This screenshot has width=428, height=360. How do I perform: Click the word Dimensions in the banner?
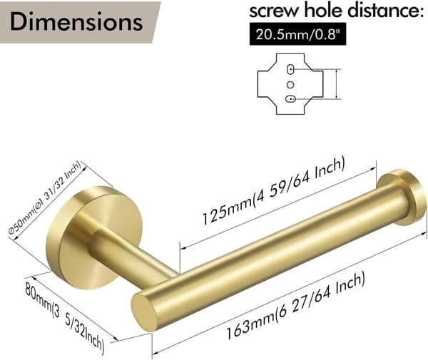[x=76, y=21]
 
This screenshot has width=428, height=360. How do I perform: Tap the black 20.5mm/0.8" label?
[x=297, y=34]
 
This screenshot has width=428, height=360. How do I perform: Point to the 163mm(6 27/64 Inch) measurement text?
[x=296, y=307]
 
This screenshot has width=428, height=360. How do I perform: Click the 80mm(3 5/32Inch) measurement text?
[x=64, y=317]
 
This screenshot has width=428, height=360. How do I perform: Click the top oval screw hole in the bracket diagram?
[x=290, y=69]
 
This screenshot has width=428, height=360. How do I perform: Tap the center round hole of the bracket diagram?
[x=290, y=85]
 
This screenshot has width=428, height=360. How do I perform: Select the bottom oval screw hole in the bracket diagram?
[x=290, y=99]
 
